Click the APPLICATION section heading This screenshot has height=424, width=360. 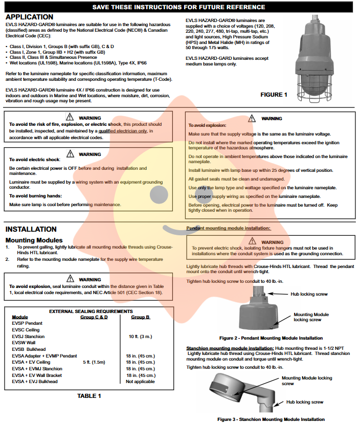coord(29,17)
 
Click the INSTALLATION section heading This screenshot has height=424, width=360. coord(31,229)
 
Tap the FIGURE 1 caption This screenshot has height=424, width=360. coord(274,95)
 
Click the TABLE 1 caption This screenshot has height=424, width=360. coord(89,396)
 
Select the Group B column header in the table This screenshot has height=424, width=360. coord(141,317)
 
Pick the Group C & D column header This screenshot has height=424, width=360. coord(94,317)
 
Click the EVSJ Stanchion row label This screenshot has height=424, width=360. coord(28,337)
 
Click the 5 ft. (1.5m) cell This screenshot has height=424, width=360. coord(95,362)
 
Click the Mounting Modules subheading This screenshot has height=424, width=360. coord(34,240)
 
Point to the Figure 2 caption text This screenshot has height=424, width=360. coord(271,338)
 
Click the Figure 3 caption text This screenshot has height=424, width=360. coord(271,419)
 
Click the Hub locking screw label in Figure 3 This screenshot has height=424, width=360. coord(305,402)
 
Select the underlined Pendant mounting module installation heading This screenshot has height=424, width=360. coord(228,228)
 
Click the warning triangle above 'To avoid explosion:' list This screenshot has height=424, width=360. coord(251,118)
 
